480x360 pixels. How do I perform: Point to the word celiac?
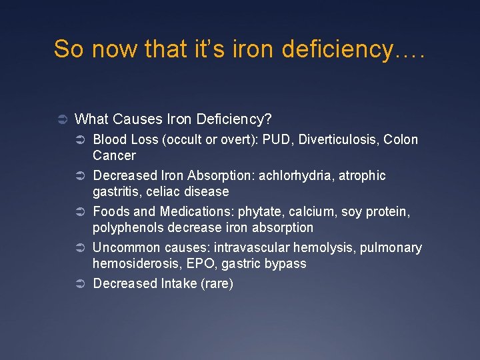(x=155, y=192)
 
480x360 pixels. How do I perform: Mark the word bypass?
(x=285, y=264)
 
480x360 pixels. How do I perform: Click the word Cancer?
(x=114, y=156)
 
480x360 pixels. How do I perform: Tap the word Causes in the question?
(x=135, y=119)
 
